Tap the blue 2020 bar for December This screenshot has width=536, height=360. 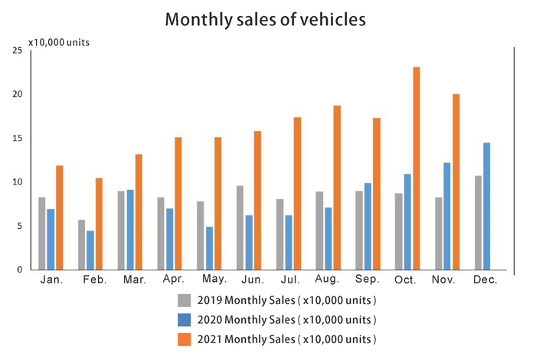click(487, 206)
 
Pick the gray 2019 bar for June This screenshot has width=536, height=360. click(240, 227)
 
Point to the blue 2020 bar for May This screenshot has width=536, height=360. click(208, 248)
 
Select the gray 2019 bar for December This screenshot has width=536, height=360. click(478, 223)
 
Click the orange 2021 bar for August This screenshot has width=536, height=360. click(337, 188)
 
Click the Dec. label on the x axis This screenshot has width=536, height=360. click(485, 281)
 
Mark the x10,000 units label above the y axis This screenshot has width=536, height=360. click(59, 42)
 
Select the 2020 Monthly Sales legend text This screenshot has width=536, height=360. click(289, 319)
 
